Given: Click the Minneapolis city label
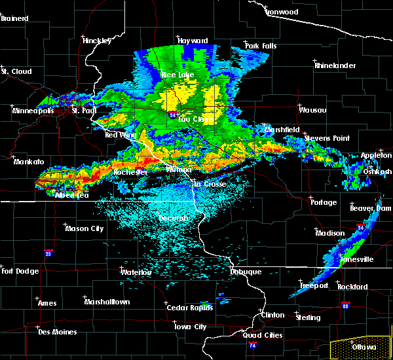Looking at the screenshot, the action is pos(33,111).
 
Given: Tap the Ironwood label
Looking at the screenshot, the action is pos(282,12).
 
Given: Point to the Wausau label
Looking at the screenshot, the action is pos(312,110).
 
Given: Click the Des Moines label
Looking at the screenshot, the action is pos(57,332).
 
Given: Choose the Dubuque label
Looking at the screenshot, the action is pos(246,272).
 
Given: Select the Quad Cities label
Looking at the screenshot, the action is pos(263,335).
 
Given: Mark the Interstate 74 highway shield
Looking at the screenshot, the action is pos(253,344).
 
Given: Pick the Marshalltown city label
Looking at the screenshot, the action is pos(107,302).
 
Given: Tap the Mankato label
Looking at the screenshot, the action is pos(28,161).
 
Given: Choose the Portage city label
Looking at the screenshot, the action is pos(324,202).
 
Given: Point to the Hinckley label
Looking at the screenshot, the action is pos(97,41).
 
